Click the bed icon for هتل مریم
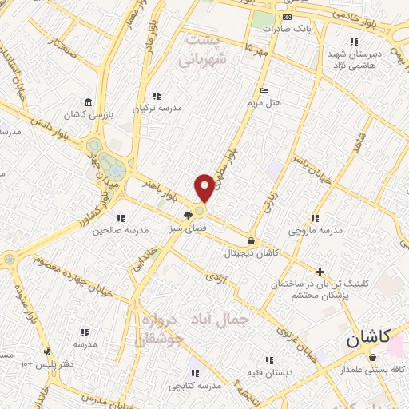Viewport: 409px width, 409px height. (264, 90)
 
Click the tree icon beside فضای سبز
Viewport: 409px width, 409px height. (187, 215)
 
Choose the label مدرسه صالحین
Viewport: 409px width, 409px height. (120, 231)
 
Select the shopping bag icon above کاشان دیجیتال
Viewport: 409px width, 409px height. (252, 240)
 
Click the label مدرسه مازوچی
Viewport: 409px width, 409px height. (315, 231)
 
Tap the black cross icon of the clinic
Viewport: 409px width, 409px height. (320, 272)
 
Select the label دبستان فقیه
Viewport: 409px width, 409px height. (268, 373)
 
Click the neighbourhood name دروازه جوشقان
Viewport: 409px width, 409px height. (164, 328)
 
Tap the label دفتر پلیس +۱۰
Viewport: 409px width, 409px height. (48, 364)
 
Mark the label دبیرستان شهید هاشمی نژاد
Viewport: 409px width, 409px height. (352, 57)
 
